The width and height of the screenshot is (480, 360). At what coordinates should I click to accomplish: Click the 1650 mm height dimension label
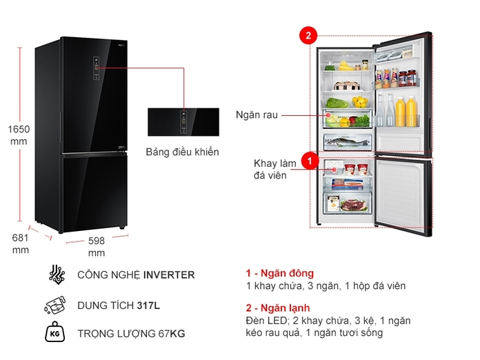(x=19, y=134)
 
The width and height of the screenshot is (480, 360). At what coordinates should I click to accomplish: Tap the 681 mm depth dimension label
(x=20, y=243)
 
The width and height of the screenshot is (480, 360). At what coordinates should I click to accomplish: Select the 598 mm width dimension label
(x=97, y=247)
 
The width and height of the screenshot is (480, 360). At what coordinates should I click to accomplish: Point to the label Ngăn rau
(x=256, y=115)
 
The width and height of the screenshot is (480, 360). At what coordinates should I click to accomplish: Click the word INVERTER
(x=169, y=274)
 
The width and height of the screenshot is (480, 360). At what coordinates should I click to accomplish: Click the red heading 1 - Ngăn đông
(x=279, y=273)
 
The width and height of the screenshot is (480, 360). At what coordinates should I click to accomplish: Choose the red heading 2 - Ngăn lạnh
(x=278, y=308)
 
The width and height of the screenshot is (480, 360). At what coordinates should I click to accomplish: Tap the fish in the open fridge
(x=347, y=143)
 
